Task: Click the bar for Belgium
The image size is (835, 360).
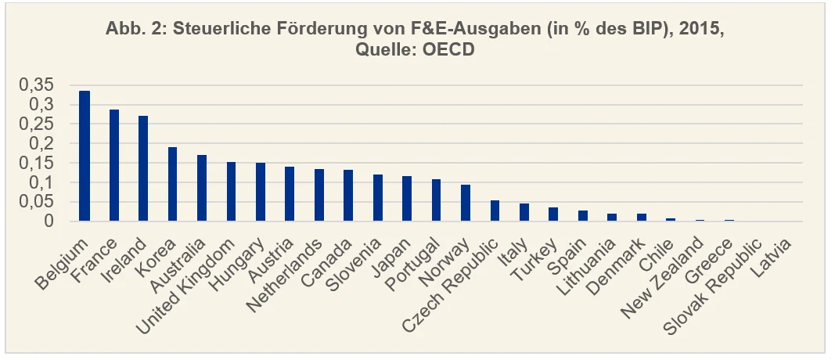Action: tap(85, 157)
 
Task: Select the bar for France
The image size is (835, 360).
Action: tap(114, 166)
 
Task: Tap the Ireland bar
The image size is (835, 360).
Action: tap(143, 169)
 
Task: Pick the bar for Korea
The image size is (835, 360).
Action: tap(172, 185)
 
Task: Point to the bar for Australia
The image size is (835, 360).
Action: tap(202, 189)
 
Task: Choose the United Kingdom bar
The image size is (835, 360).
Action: tap(231, 192)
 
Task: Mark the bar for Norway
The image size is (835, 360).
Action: tap(466, 203)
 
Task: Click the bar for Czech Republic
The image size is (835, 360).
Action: tap(495, 211)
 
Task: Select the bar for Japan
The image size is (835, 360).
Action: tap(407, 199)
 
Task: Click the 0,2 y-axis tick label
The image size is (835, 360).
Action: tap(41, 144)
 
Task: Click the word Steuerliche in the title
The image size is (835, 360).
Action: tap(198, 31)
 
